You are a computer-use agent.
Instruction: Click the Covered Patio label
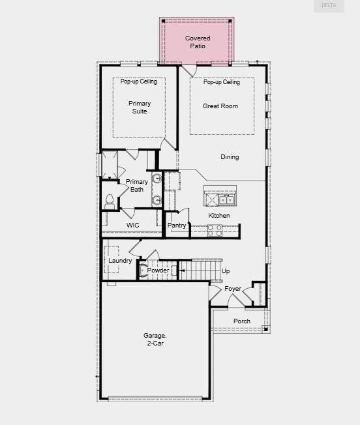[x=198, y=42]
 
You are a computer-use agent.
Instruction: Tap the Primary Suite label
[x=140, y=108]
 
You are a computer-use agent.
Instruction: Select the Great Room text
[x=220, y=106]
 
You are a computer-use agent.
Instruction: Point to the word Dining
[x=230, y=157]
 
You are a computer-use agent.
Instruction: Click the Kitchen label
[x=219, y=216]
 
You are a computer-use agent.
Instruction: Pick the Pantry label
[x=177, y=226]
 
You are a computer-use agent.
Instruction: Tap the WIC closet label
[x=132, y=226]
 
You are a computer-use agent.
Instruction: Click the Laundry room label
[x=120, y=261]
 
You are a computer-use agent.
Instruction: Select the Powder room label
[x=158, y=271]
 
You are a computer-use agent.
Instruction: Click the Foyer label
[x=233, y=289]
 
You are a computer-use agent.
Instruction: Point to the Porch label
[x=242, y=321]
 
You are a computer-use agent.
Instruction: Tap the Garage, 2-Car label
[x=155, y=340]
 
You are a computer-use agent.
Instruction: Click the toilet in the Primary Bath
[x=110, y=202]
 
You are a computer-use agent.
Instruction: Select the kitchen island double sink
[x=227, y=199]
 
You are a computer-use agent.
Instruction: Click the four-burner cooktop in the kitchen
[x=215, y=230]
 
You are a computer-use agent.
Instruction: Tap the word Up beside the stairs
[x=226, y=271]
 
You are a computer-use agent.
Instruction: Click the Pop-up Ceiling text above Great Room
[x=222, y=82]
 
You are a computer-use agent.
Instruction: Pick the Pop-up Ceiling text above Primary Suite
[x=138, y=81]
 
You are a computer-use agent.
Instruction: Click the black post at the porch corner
[x=266, y=329]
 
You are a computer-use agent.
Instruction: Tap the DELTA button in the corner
[x=329, y=6]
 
